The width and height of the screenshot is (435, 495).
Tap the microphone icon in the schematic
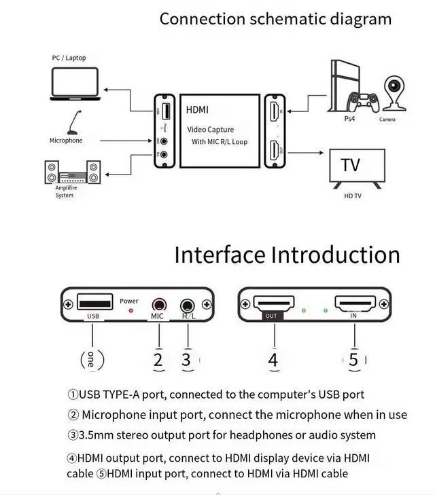coord(74,124)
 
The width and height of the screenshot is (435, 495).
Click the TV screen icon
coord(357,166)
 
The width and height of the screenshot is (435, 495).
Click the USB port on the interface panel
coord(92,302)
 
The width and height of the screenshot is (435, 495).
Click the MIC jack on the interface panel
coord(159,306)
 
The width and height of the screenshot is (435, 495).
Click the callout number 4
coord(273,360)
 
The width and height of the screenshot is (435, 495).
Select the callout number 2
coord(158,360)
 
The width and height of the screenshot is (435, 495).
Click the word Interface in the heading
coord(220,255)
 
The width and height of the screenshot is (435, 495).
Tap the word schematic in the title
coord(290,18)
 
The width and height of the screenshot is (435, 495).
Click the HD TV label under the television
coord(353,196)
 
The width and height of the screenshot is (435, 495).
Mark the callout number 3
coord(187,360)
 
